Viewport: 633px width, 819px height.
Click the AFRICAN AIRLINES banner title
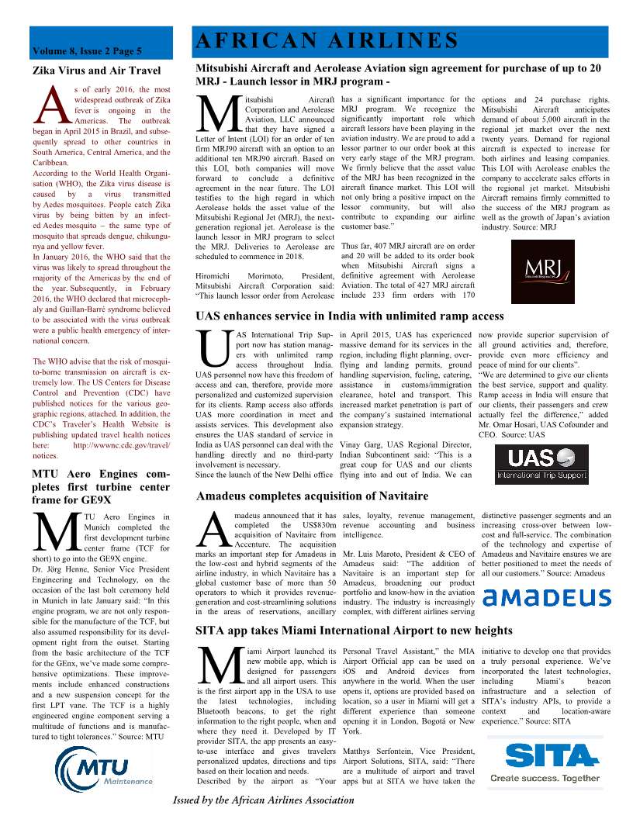327,40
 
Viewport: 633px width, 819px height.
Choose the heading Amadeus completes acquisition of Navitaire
312,496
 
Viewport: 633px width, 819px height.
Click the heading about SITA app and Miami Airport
354,630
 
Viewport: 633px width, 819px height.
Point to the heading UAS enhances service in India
350,316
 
